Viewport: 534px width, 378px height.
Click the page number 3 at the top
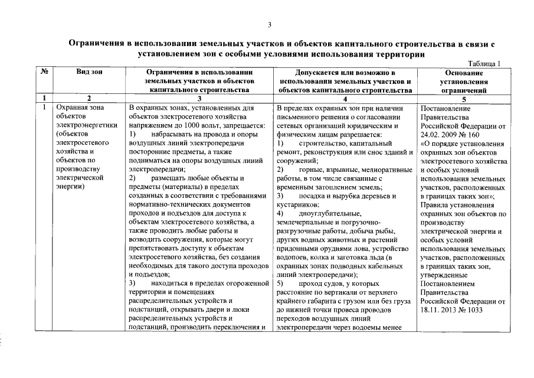point(269,25)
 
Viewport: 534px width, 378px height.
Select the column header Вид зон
point(89,72)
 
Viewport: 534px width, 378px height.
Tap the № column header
point(44,72)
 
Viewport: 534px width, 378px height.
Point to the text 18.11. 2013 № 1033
point(456,309)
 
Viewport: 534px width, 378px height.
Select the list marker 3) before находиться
point(133,284)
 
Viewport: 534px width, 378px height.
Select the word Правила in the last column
point(435,204)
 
